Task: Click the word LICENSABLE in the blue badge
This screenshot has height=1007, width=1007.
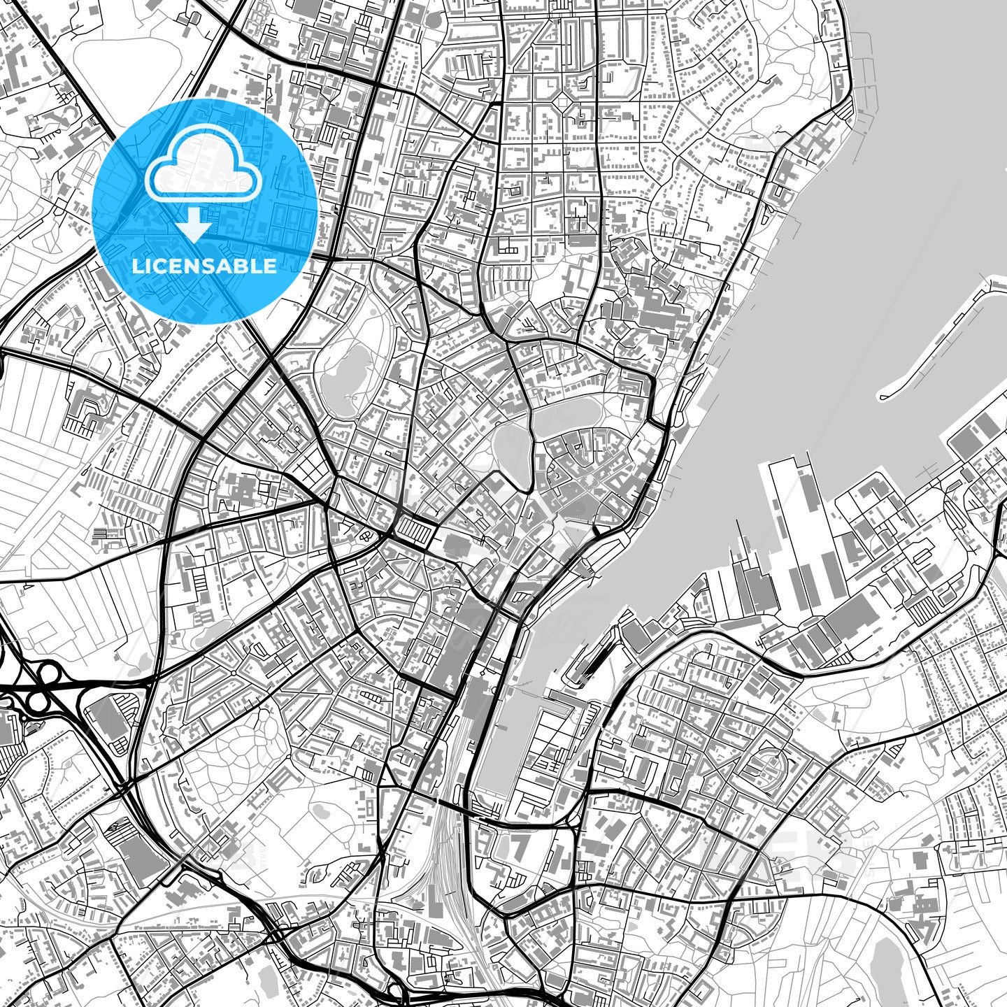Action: (204, 266)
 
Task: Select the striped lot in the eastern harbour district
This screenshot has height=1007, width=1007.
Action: (923, 613)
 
